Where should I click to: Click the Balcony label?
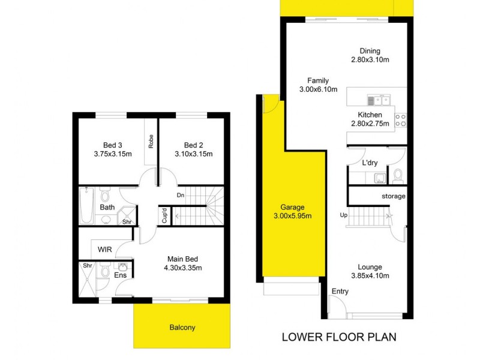click(182, 328)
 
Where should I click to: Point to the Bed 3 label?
click(113, 149)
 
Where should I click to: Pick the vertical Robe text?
click(151, 141)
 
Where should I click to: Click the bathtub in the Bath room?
click(85, 206)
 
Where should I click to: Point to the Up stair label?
click(343, 215)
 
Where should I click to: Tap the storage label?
click(394, 196)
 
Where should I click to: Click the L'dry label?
click(369, 163)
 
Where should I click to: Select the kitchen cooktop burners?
click(401, 120)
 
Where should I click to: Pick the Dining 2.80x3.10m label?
click(370, 56)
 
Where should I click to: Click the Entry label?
click(339, 292)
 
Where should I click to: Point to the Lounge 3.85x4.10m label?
click(370, 272)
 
